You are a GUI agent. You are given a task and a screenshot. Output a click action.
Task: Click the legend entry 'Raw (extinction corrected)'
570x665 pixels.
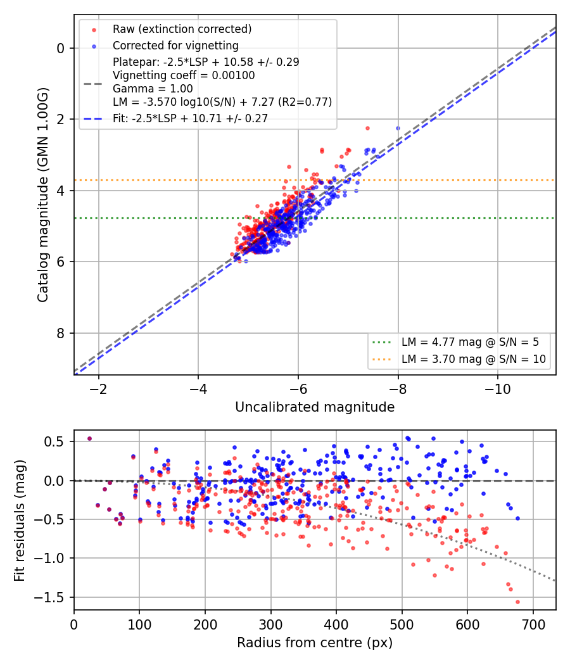tap(182, 29)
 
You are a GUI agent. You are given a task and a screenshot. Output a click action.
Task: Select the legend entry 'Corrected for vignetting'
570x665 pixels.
tap(175, 46)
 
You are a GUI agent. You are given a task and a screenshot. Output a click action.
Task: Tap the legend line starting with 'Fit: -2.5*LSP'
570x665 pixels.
tap(191, 118)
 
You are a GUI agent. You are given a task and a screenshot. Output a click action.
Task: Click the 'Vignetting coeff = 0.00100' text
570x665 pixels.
tap(184, 75)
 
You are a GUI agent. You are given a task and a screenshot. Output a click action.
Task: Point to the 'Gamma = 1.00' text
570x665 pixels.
tap(153, 89)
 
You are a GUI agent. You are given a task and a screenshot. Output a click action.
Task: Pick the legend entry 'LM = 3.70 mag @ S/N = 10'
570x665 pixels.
tap(474, 359)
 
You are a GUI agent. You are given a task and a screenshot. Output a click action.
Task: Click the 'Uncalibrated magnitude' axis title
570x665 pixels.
tap(315, 407)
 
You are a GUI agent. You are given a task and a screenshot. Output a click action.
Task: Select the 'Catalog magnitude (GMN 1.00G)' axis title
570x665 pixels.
tap(43, 195)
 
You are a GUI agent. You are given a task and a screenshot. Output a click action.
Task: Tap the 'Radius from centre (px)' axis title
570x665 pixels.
tap(315, 643)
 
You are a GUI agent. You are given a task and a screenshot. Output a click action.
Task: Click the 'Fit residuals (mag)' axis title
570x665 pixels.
tap(20, 521)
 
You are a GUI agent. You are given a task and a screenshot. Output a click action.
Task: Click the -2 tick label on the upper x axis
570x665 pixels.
tap(98, 389)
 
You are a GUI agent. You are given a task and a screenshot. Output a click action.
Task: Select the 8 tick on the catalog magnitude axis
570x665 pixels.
tap(61, 333)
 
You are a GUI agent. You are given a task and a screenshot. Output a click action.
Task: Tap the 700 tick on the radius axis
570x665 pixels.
tap(533, 624)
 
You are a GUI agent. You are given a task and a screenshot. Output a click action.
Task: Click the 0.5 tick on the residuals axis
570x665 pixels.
tap(53, 442)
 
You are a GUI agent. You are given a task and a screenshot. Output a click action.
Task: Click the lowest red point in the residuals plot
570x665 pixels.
tap(517, 602)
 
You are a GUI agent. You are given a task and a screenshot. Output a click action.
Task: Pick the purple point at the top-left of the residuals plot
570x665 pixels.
tap(89, 438)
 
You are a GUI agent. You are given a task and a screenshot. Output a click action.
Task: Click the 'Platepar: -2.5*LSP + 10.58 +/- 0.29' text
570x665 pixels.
tap(206, 62)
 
